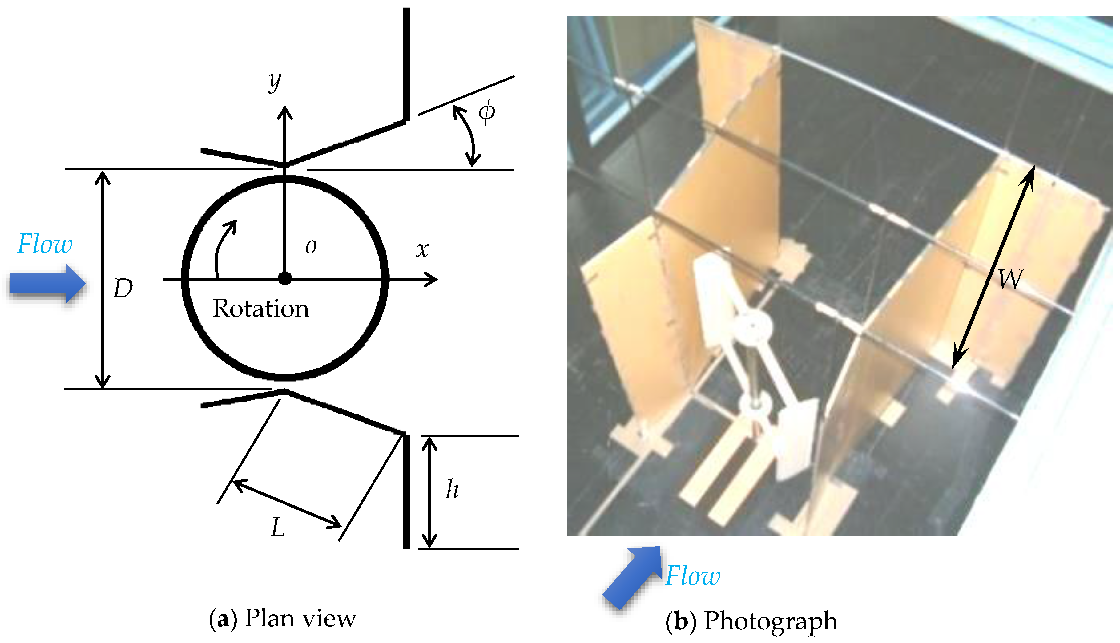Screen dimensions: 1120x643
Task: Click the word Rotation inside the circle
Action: (260, 308)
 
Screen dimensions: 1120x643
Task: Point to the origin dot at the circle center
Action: (285, 279)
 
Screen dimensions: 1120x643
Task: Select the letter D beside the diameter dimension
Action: (123, 289)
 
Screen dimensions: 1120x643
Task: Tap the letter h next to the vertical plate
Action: (452, 489)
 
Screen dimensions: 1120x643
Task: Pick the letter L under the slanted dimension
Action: (278, 527)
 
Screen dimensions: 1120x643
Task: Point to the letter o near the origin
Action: (311, 246)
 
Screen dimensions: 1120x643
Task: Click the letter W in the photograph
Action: (1010, 279)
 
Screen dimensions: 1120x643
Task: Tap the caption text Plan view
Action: (300, 618)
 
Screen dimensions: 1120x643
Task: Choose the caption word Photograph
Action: (770, 621)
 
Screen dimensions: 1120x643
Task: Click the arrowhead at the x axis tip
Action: (430, 279)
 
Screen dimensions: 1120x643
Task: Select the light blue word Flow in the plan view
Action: (45, 244)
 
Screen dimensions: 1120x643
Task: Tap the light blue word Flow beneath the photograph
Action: (693, 576)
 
